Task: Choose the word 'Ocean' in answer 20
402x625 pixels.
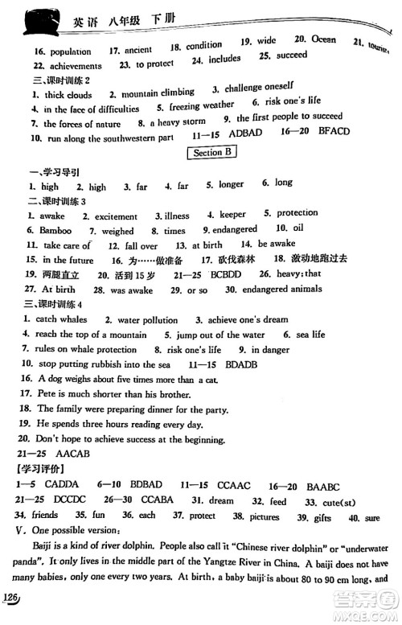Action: [x=325, y=39]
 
